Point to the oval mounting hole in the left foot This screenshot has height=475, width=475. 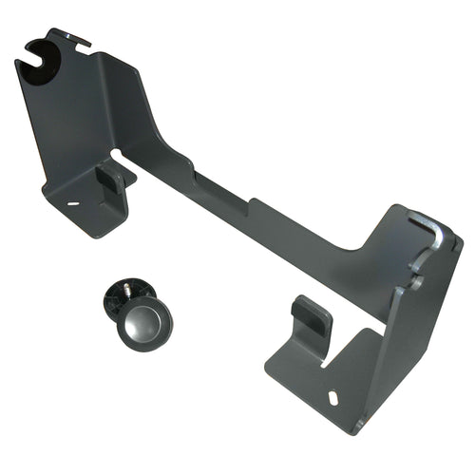pyautogui.click(x=72, y=201)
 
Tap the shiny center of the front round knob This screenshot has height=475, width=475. pyautogui.click(x=142, y=324)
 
